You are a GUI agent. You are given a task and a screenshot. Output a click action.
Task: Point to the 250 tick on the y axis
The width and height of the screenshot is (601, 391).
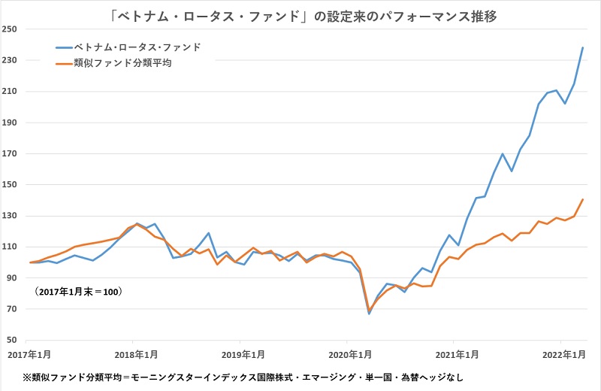[x=14, y=29]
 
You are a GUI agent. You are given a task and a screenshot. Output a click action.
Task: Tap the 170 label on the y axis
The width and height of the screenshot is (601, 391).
[x=14, y=153]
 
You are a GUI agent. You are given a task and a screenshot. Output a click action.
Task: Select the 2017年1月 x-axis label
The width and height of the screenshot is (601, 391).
[x=31, y=353]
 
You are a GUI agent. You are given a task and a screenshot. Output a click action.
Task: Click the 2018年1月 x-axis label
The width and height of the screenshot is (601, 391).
[x=137, y=353]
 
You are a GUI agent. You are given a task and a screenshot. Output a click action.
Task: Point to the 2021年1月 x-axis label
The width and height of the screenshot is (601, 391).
[x=457, y=353]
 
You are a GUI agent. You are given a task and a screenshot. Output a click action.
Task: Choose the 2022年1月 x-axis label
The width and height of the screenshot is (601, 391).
[x=562, y=353]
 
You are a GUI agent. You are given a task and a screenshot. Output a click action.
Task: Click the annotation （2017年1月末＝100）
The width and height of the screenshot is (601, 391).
[x=78, y=291]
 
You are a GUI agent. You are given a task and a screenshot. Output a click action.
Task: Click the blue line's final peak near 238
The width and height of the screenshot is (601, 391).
[x=583, y=47]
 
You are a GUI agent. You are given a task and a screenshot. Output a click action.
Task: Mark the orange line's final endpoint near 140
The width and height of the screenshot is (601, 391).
[x=583, y=199]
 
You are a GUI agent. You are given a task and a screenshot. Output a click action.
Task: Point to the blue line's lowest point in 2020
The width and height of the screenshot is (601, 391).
[x=369, y=314]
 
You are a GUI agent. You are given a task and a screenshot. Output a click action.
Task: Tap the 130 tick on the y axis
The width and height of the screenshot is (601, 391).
[x=14, y=216]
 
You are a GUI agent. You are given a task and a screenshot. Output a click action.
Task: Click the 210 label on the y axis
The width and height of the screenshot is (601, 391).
[x=14, y=91]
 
